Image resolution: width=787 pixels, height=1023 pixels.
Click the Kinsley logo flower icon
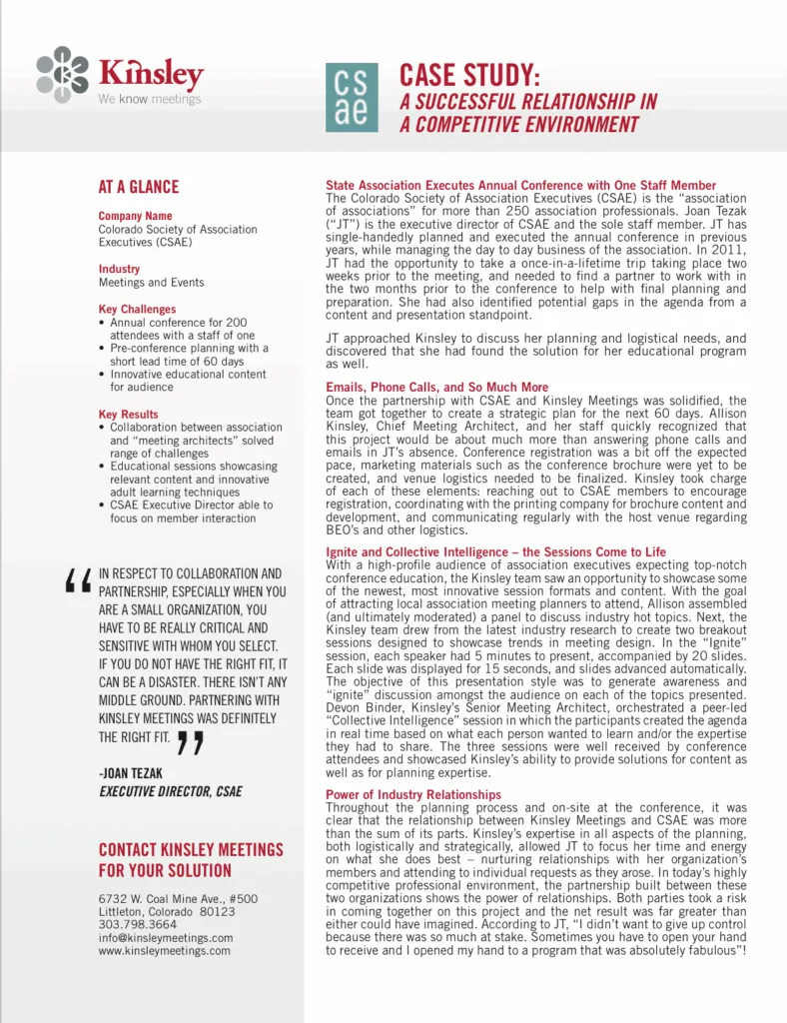click(x=62, y=74)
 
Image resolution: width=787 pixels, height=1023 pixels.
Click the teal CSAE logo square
click(x=352, y=97)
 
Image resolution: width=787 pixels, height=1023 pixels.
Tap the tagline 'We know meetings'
click(x=150, y=99)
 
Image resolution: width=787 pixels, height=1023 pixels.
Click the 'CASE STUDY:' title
click(x=469, y=75)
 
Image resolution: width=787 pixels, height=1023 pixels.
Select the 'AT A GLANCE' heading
click(x=139, y=187)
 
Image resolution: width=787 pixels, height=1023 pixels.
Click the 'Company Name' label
click(x=135, y=216)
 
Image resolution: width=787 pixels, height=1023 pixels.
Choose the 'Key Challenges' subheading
click(x=137, y=310)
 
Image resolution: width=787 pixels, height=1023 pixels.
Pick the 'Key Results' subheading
click(x=128, y=414)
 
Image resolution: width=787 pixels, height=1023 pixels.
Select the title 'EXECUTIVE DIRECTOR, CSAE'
click(x=170, y=792)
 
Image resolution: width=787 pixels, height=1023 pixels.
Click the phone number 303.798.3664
click(x=138, y=925)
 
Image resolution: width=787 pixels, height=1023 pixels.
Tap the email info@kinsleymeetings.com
click(x=166, y=938)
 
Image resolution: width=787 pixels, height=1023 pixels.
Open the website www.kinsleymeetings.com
click(x=164, y=951)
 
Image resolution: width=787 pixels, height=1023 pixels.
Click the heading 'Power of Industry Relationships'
click(x=413, y=794)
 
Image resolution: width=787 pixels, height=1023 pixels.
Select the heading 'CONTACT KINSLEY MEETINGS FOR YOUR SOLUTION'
click(x=191, y=859)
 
